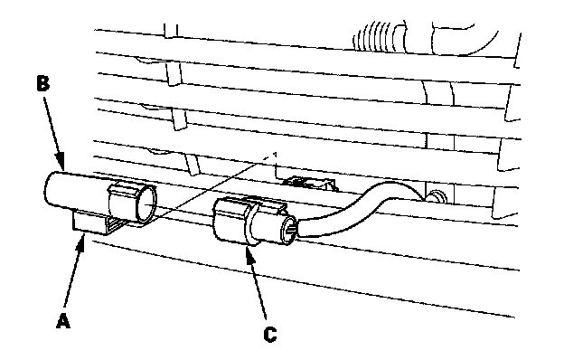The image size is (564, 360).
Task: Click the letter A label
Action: point(63,321)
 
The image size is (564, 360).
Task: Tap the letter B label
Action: point(43,84)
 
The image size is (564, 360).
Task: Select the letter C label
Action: point(270,335)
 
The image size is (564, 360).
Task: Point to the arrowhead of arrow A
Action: point(82,238)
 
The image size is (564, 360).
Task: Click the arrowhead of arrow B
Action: point(61,163)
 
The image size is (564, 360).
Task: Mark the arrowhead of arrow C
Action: point(249,251)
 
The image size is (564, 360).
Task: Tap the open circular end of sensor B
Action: point(147,206)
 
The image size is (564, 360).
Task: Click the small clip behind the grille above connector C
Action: point(308,183)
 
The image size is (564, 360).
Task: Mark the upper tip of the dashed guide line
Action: point(275,153)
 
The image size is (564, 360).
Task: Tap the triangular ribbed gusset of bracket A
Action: point(116,225)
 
